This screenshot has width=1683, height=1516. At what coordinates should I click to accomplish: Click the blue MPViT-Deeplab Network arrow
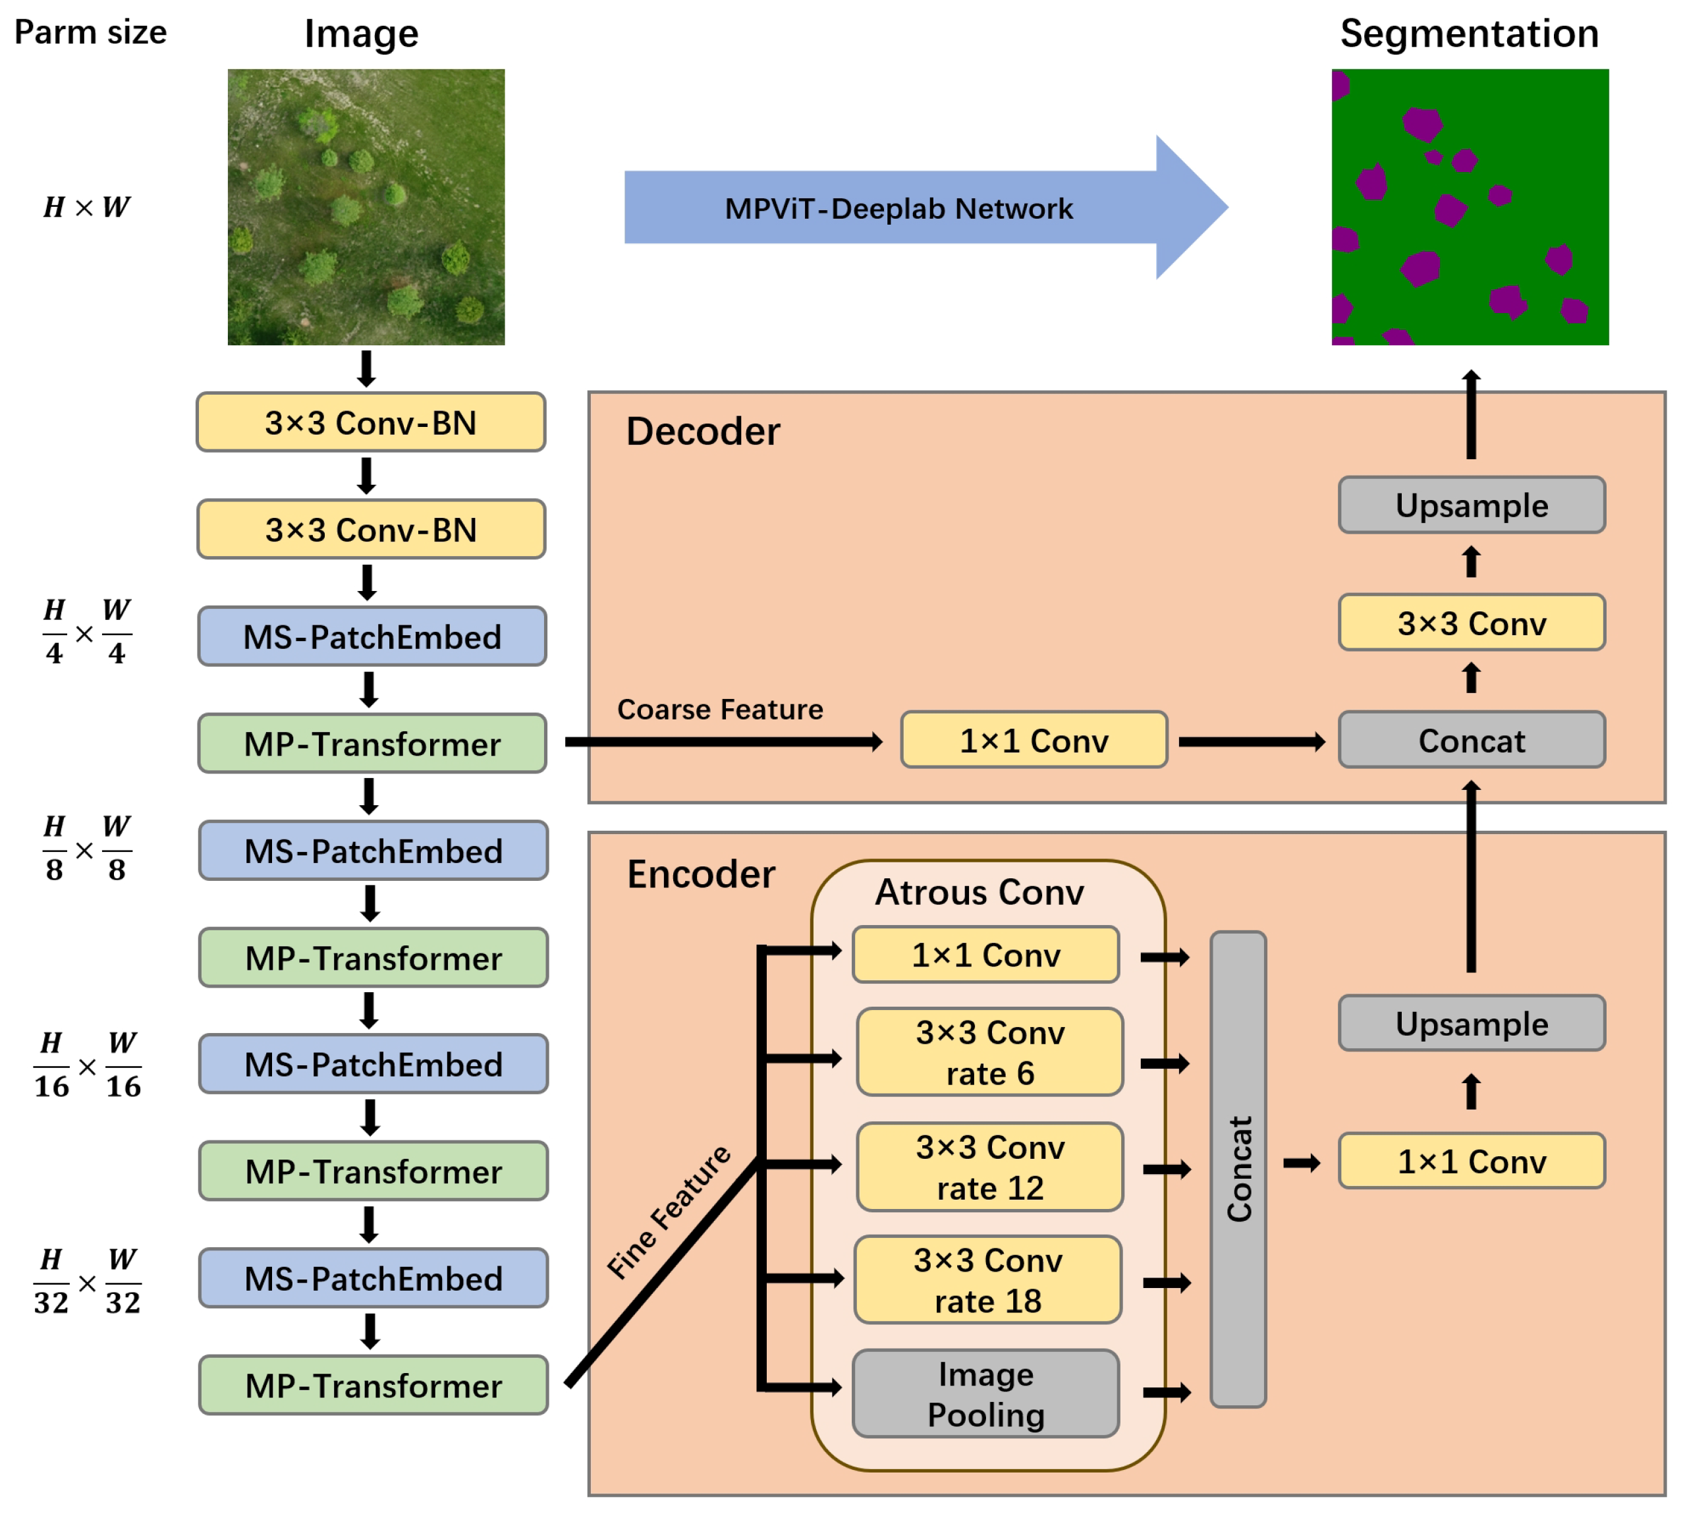click(x=899, y=208)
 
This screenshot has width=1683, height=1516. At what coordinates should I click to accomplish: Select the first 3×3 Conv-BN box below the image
click(x=371, y=422)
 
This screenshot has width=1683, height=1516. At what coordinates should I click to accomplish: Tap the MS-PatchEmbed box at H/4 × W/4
click(x=372, y=636)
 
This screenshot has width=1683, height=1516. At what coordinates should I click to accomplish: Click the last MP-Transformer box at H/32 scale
click(x=373, y=1386)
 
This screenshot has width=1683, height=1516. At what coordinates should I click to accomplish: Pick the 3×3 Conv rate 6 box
click(x=989, y=1053)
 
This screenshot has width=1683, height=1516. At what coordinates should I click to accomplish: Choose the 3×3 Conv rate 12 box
click(x=989, y=1167)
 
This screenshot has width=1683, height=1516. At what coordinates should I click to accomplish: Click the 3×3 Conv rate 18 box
click(x=987, y=1280)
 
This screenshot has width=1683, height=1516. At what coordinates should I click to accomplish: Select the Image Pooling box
click(x=986, y=1394)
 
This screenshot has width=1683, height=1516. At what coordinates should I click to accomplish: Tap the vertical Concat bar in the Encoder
click(x=1238, y=1169)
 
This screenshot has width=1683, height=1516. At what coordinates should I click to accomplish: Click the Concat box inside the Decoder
click(x=1472, y=740)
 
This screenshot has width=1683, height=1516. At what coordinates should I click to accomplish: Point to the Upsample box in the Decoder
click(x=1472, y=505)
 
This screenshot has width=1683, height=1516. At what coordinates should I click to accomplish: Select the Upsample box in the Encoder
click(x=1472, y=1023)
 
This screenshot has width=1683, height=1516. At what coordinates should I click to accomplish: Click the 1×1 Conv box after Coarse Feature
click(x=1034, y=740)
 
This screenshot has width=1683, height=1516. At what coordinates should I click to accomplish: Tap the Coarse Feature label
click(x=719, y=709)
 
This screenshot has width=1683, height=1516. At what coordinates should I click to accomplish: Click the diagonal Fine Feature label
click(x=669, y=1212)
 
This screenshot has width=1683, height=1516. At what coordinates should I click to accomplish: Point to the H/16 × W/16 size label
click(x=86, y=1065)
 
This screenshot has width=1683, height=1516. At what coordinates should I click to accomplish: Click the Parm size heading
click(x=90, y=32)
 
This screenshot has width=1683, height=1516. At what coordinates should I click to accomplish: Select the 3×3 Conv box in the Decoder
click(x=1472, y=622)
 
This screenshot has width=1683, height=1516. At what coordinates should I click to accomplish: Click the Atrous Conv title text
click(x=979, y=892)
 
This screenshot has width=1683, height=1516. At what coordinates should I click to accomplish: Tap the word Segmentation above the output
click(x=1469, y=34)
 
